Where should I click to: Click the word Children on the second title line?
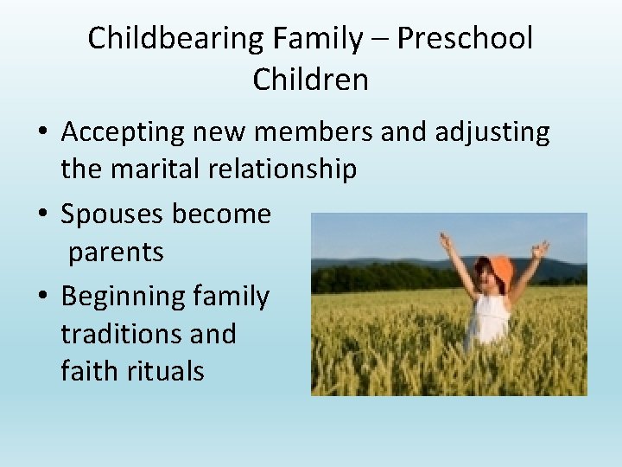point(311,80)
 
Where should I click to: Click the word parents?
point(115,253)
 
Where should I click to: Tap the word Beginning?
point(123,297)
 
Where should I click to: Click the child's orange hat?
point(499,271)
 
